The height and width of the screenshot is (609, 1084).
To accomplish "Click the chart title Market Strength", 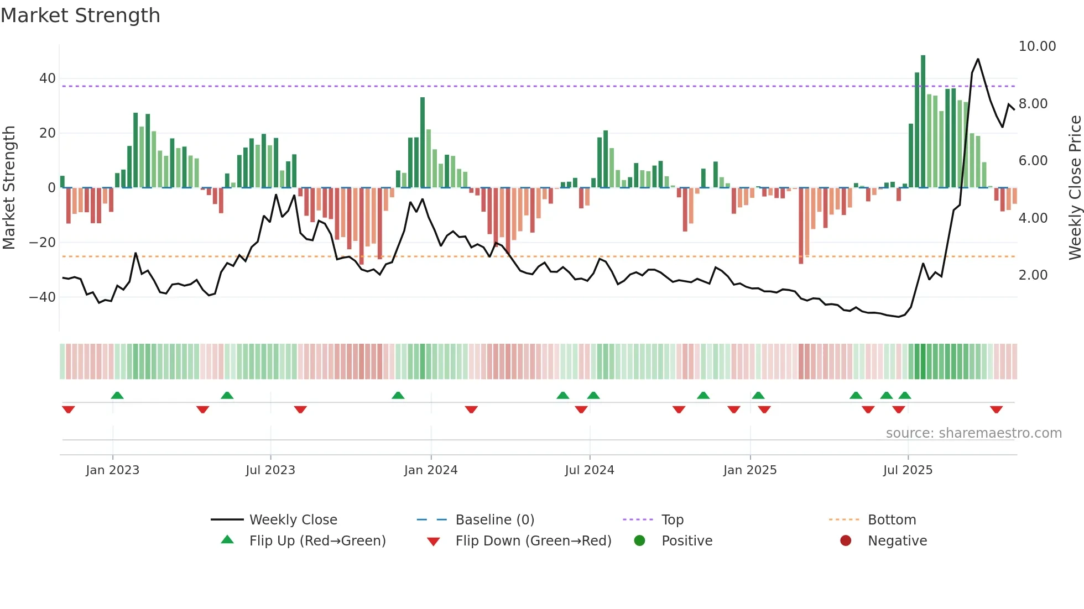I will (x=80, y=15).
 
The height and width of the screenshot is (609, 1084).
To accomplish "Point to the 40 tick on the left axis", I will (x=47, y=78).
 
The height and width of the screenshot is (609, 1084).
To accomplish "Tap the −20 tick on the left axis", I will (x=42, y=243).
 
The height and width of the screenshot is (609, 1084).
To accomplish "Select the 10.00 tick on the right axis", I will (x=1037, y=46).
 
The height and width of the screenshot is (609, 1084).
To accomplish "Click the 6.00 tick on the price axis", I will (x=1033, y=161).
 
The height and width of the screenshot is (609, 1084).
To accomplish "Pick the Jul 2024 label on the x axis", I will (x=589, y=470).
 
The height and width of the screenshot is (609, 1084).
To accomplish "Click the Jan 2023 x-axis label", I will (x=112, y=470).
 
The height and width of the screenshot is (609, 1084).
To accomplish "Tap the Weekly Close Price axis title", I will (x=1075, y=187).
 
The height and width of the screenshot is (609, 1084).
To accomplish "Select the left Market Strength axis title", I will (x=9, y=187).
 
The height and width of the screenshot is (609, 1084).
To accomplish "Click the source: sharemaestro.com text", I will (x=973, y=433).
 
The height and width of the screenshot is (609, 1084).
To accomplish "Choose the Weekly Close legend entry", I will (x=293, y=520).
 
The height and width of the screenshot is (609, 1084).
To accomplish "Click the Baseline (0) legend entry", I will (x=494, y=520).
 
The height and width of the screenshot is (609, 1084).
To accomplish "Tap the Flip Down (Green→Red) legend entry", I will (x=533, y=541).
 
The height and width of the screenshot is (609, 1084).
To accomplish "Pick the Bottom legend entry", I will (x=892, y=520).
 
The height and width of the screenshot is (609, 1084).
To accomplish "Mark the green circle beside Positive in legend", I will (x=639, y=541).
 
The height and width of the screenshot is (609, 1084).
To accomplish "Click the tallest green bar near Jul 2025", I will (x=923, y=122).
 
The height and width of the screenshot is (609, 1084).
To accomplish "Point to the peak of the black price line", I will (x=978, y=59).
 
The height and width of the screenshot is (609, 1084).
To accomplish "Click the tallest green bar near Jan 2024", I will (x=423, y=143).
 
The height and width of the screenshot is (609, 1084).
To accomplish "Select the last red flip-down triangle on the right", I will (x=996, y=410).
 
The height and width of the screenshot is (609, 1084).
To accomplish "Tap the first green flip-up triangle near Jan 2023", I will (x=117, y=395).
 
